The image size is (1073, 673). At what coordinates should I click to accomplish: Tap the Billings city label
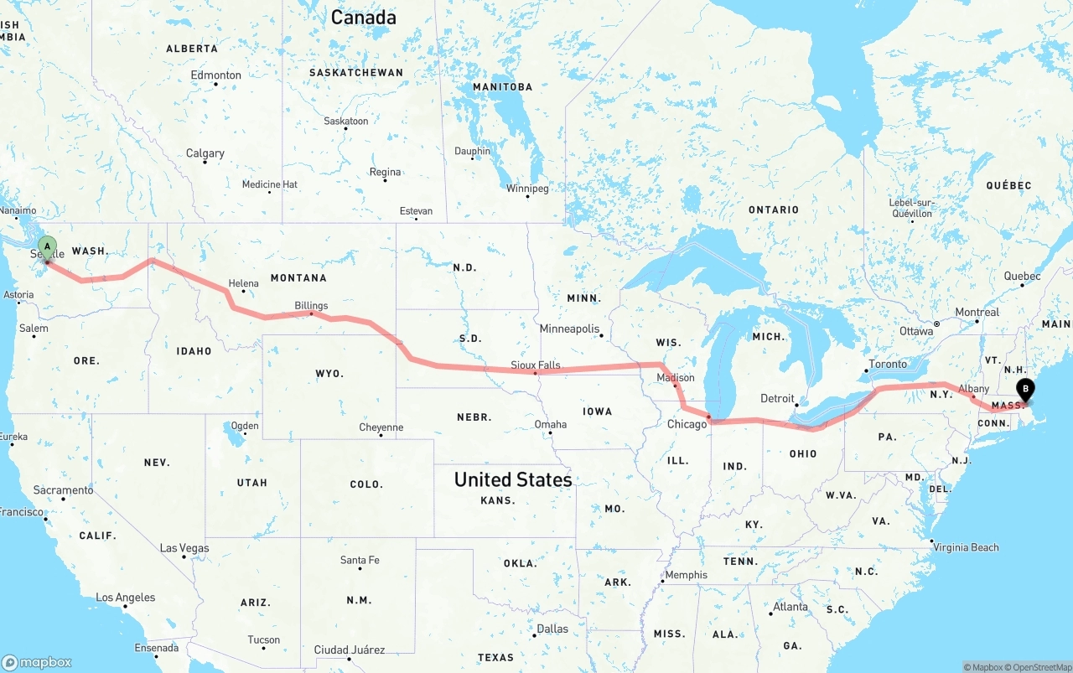(x=311, y=306)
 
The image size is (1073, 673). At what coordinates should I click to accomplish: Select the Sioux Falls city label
(x=536, y=365)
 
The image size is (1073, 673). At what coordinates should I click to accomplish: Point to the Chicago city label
(x=687, y=424)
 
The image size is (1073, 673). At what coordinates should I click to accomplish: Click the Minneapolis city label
(x=569, y=329)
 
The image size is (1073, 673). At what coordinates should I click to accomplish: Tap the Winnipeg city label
(x=527, y=189)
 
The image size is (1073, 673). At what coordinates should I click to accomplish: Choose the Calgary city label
(x=205, y=153)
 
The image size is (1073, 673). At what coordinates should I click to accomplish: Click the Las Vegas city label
(x=184, y=548)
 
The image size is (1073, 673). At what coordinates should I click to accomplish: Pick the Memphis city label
(x=687, y=575)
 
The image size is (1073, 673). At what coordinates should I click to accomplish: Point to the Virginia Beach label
(x=967, y=547)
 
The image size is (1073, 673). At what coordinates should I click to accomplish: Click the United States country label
(x=513, y=479)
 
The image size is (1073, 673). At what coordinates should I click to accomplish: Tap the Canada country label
(x=363, y=17)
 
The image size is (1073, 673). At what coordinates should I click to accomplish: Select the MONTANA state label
(x=298, y=277)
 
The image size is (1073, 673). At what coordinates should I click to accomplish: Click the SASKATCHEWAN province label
(x=356, y=73)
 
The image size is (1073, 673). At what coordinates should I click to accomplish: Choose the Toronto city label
(x=888, y=364)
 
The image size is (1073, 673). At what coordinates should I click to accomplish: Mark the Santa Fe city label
(x=360, y=560)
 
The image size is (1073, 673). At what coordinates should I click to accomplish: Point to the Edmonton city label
(x=216, y=75)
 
